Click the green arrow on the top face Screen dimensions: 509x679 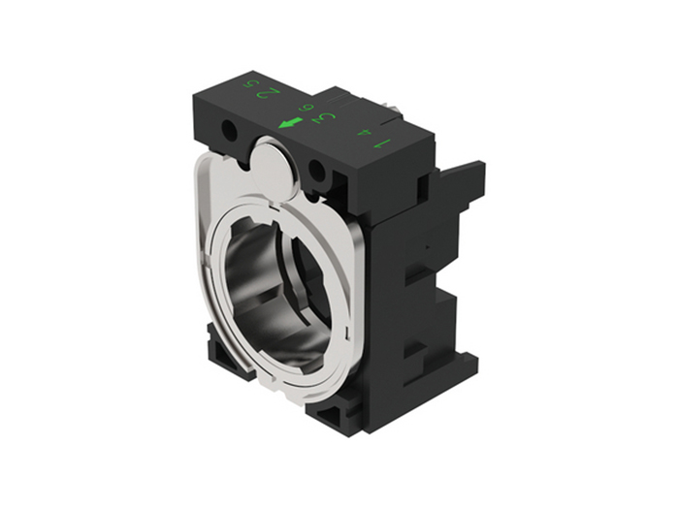[289, 123]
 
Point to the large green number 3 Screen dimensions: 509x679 [327, 119]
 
